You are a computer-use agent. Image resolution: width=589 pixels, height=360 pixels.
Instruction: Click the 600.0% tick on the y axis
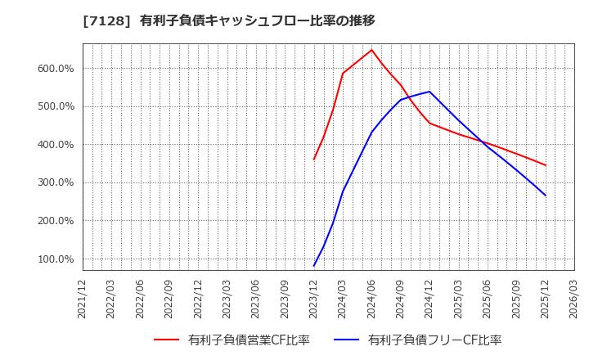pyautogui.click(x=56, y=69)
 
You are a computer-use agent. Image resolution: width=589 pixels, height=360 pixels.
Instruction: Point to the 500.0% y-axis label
pyautogui.click(x=56, y=106)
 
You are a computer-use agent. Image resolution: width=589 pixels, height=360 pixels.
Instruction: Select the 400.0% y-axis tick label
pyautogui.click(x=56, y=145)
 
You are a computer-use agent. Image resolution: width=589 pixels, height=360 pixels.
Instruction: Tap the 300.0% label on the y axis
pyautogui.click(x=56, y=183)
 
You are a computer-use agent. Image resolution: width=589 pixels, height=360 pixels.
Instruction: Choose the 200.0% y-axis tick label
pyautogui.click(x=56, y=221)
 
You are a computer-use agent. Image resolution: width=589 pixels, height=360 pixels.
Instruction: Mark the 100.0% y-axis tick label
pyautogui.click(x=56, y=259)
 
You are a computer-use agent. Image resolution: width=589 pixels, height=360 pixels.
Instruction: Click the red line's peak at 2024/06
pyautogui.click(x=371, y=50)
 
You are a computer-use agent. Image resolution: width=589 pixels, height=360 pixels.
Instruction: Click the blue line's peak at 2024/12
pyautogui.click(x=429, y=92)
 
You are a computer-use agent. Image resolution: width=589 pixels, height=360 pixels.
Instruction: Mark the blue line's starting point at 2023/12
pyautogui.click(x=314, y=266)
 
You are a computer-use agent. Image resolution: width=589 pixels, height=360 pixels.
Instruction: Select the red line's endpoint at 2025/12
pyautogui.click(x=545, y=165)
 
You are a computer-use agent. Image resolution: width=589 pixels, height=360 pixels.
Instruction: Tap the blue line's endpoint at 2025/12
pyautogui.click(x=545, y=195)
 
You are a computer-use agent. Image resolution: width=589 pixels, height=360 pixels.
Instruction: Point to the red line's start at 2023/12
pyautogui.click(x=314, y=159)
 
